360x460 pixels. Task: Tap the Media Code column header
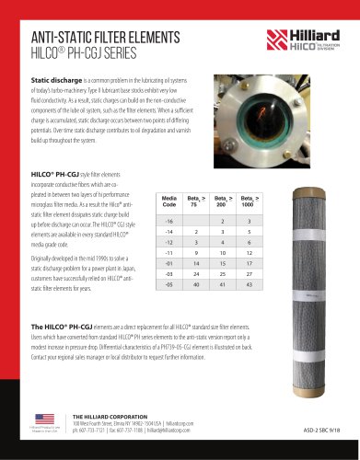168,175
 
